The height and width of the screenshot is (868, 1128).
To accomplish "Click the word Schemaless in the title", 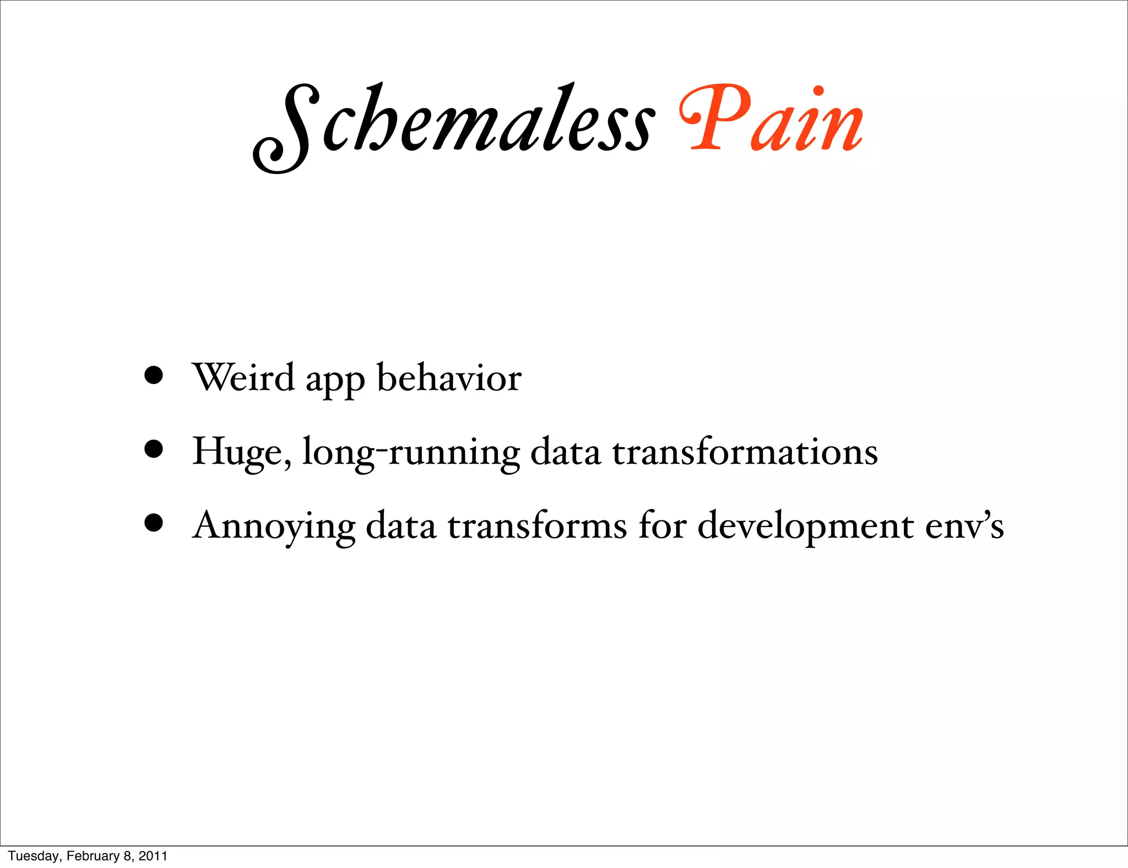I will click(454, 124).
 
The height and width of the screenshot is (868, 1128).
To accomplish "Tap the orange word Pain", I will click(771, 118).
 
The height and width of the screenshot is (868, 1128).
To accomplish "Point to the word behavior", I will click(449, 378).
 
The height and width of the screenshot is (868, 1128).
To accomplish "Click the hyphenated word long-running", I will click(411, 453).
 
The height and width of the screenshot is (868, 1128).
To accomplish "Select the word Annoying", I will click(274, 527).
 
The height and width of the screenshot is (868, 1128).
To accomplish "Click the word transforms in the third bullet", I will click(537, 525).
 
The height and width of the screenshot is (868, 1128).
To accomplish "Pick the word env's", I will click(964, 527).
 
